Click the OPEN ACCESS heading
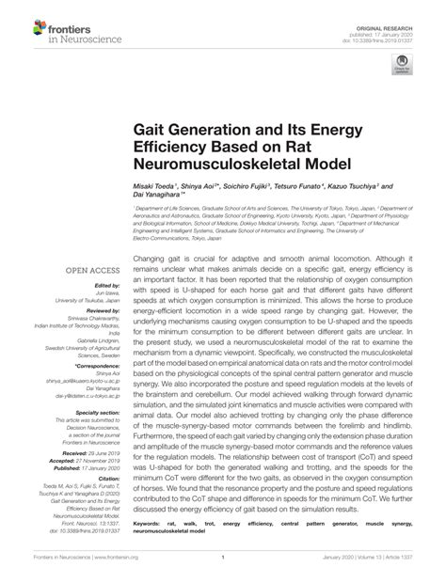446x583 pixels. click(89, 270)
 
